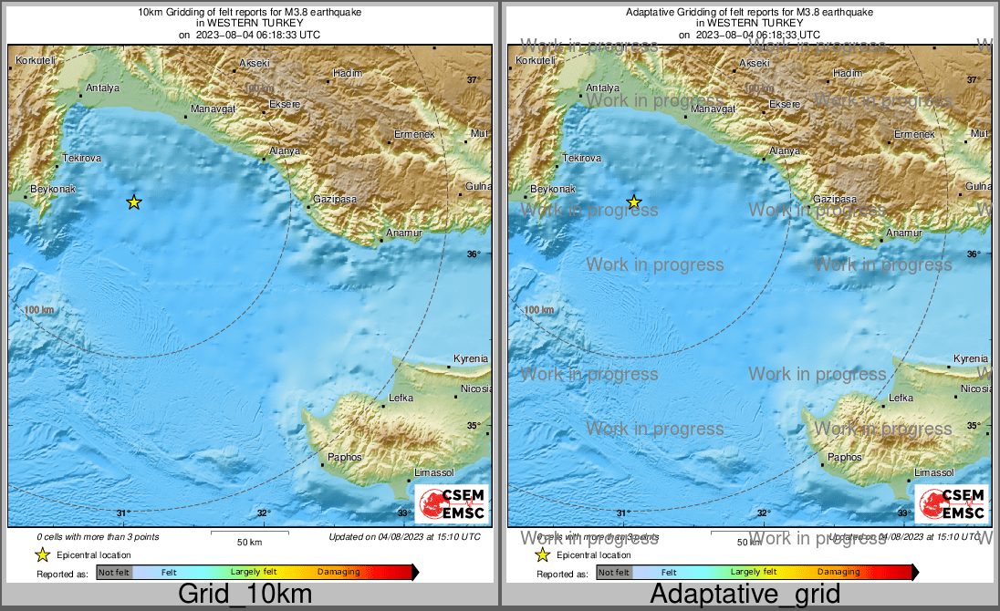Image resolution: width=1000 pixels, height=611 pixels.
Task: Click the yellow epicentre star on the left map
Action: click(134, 202)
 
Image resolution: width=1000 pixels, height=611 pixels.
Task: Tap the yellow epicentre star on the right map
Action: click(634, 202)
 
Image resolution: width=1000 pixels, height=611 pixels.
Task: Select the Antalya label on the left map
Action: click(102, 88)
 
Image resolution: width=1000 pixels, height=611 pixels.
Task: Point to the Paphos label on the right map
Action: click(844, 457)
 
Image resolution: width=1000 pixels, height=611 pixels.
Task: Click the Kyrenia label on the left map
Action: click(471, 359)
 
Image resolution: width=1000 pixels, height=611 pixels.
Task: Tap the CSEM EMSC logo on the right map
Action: click(953, 504)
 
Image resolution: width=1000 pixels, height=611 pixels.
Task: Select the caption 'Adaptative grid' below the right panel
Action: click(745, 595)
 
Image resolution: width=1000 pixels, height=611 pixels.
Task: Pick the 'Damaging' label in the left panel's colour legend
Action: click(339, 573)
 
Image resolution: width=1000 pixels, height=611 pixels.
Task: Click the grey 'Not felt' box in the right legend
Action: click(614, 573)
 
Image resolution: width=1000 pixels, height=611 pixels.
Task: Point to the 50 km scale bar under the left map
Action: click(249, 533)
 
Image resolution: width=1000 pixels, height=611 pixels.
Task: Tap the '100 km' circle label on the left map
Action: click(40, 310)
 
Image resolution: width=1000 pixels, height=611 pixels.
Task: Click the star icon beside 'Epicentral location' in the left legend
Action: click(42, 554)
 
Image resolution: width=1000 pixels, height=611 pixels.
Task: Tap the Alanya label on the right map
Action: click(785, 150)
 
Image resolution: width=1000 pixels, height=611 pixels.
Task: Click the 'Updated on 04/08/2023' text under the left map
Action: click(404, 537)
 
